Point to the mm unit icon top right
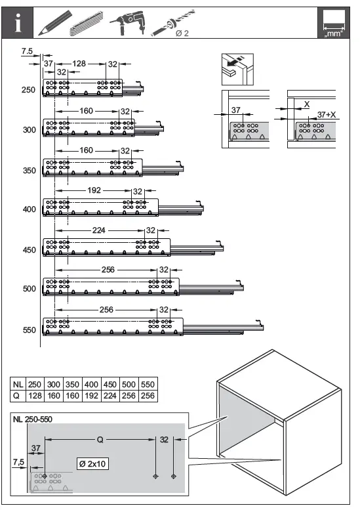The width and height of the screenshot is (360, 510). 332,23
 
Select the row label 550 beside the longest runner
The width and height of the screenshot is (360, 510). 28,330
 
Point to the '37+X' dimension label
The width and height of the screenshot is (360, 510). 325,114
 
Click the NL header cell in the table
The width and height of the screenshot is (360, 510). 18,385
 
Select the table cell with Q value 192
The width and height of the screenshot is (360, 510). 92,396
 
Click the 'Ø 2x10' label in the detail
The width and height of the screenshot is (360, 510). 92,464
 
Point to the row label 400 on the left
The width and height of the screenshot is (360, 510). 28,209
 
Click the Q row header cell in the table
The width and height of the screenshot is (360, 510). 18,396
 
